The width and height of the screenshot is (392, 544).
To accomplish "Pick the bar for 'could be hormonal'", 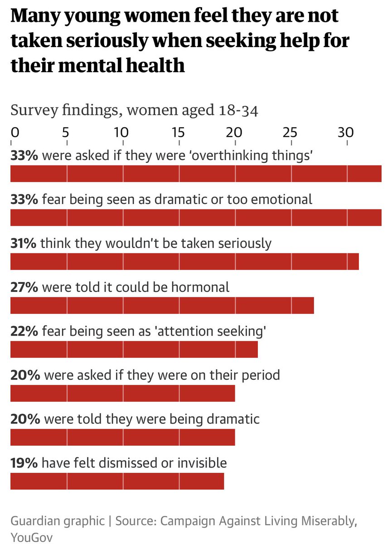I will coord(162,306).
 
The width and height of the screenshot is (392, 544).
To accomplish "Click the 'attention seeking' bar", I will coord(134,350).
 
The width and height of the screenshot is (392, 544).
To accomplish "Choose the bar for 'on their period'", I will coord(122,393).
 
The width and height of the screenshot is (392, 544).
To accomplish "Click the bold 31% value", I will coord(24,243).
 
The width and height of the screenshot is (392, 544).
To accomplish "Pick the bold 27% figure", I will coord(24,287).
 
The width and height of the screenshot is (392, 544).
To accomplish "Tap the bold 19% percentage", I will coord(24,463).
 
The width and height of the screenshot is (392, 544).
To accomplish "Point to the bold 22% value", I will coord(24,331).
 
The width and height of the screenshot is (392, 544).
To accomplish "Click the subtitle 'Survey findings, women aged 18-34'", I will coord(134,110).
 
